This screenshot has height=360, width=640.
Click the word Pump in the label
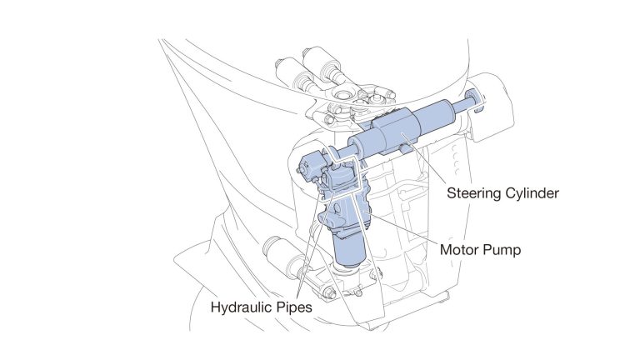coord(505,249)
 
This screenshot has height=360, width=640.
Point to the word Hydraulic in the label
coord(243,306)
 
